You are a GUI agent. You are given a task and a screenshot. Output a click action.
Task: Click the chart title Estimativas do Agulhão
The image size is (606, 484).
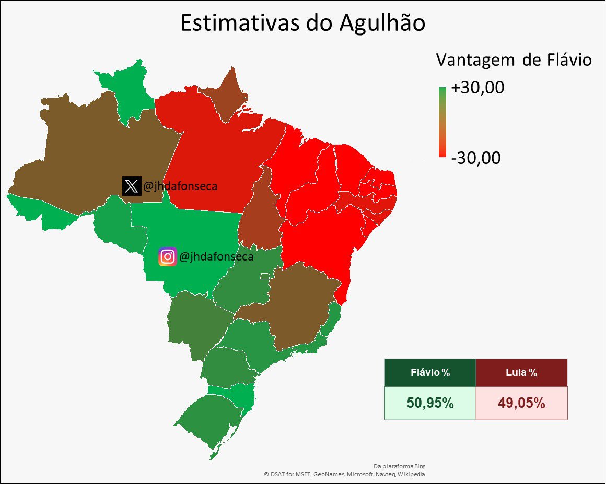[302, 23]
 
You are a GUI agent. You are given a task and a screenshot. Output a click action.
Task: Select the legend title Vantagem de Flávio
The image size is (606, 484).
[514, 61]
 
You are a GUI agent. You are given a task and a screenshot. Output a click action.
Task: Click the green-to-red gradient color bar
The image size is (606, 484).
[442, 122]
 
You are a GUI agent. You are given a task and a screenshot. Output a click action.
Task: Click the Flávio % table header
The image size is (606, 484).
[430, 373]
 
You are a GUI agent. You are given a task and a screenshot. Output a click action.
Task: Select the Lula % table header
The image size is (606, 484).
[521, 373]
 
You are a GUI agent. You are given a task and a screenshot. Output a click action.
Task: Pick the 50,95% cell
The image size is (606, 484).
[430, 403]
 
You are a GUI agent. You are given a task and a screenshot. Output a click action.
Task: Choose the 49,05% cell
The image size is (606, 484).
[521, 403]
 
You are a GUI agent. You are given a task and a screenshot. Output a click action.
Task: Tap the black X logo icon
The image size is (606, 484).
[131, 186]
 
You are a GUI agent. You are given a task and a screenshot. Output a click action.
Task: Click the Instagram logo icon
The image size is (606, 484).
[167, 257]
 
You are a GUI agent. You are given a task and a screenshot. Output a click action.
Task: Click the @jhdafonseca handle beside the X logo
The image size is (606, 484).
[179, 186]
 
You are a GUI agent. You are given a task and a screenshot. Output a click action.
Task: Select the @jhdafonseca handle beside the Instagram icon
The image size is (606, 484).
[216, 257]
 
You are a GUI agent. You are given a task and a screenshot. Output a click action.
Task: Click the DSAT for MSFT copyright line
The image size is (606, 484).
[344, 474]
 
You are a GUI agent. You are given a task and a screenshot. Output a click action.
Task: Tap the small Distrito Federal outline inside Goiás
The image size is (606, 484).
[266, 275]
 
